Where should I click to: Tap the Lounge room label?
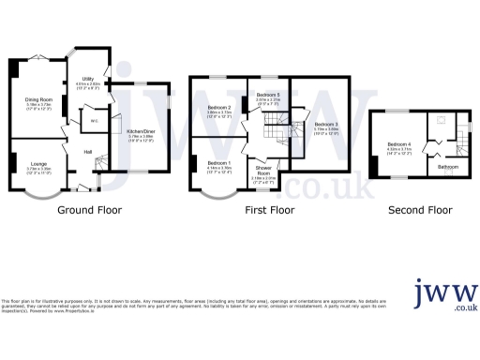pos(38,163)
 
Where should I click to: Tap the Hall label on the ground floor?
pos(86,151)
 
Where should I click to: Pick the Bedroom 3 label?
pos(326,125)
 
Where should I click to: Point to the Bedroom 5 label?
pos(268,96)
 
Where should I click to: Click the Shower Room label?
pos(265,172)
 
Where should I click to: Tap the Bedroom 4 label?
pos(400,144)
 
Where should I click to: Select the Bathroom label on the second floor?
pos(448,167)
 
